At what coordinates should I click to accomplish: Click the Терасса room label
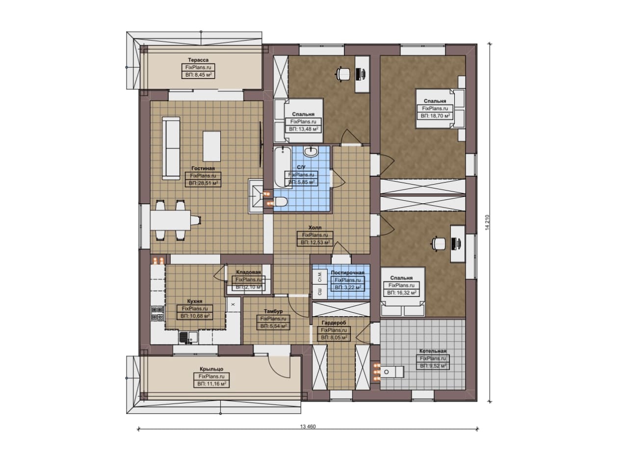click(x=198, y=60)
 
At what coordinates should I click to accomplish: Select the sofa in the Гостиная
click(x=171, y=148)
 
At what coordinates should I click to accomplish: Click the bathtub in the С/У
click(x=283, y=167)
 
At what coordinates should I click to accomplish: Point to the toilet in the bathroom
click(x=280, y=201)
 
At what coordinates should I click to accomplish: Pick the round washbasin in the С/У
click(x=311, y=152)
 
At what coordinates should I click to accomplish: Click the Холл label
click(x=315, y=227)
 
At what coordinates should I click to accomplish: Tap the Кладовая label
click(x=248, y=272)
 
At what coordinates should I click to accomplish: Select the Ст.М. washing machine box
click(x=320, y=277)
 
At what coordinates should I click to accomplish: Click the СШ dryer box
click(x=320, y=292)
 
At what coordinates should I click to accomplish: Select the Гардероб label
click(x=334, y=323)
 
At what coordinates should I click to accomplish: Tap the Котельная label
click(x=433, y=351)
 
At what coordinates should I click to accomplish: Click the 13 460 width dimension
click(x=308, y=427)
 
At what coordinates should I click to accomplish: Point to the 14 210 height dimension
click(x=487, y=223)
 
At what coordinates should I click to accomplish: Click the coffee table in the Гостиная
click(x=211, y=146)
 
